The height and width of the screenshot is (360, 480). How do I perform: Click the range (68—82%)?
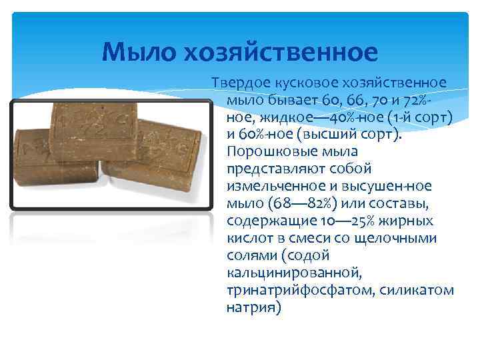pos(292,203)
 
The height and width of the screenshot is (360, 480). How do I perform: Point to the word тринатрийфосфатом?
pos(291,290)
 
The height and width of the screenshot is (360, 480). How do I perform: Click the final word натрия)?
pos(254,307)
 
